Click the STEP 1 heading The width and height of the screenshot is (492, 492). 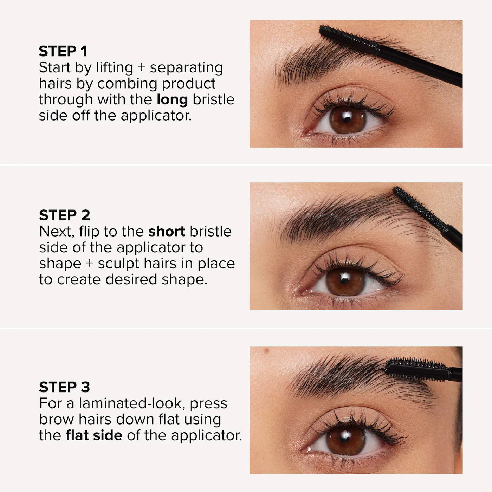[x=63, y=51]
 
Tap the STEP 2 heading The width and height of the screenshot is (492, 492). [x=64, y=215]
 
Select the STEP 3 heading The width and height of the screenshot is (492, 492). [x=64, y=387]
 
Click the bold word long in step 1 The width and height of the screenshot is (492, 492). [x=172, y=100]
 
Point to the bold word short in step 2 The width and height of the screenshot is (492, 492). [x=167, y=232]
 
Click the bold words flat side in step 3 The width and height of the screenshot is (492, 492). [x=94, y=435]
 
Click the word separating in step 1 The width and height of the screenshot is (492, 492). [x=186, y=68]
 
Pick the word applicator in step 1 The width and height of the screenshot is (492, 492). [x=156, y=116]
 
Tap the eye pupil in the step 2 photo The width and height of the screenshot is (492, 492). [x=345, y=281]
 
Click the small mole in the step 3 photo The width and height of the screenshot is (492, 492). [x=266, y=350]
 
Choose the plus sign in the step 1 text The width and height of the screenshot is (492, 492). [x=141, y=68]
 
